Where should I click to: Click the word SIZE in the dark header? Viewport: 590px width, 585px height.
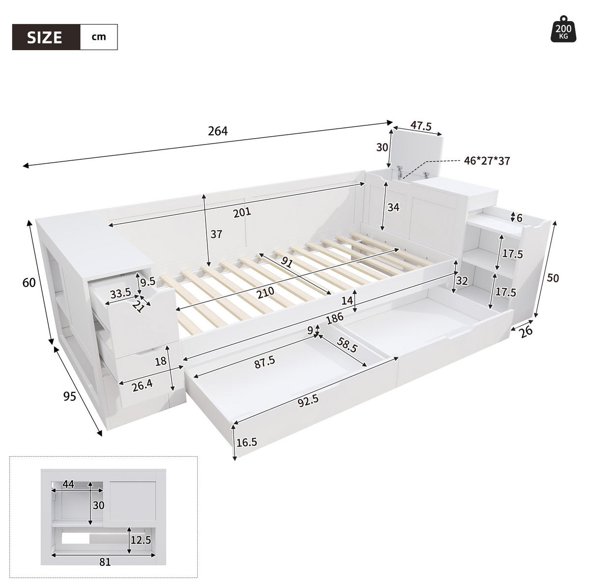(45, 37)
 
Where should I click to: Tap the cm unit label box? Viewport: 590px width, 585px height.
(99, 37)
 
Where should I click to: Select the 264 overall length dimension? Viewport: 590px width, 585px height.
(218, 131)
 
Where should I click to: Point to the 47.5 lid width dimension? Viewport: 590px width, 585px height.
(421, 126)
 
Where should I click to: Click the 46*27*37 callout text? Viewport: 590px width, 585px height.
(487, 161)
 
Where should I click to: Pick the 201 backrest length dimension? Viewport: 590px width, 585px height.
(242, 212)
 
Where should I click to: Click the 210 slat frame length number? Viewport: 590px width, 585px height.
(265, 293)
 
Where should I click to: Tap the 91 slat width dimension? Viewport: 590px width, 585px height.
(286, 262)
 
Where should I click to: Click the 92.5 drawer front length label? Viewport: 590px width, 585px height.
(308, 401)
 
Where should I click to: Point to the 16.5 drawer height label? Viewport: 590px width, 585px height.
(247, 442)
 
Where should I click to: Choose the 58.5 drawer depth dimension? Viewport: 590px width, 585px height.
(347, 345)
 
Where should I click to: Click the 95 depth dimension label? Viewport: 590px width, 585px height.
(70, 396)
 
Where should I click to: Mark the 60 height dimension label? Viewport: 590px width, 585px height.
(29, 283)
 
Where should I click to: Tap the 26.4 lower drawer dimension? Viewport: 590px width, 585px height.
(143, 386)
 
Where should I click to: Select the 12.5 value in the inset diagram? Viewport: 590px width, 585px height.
(141, 540)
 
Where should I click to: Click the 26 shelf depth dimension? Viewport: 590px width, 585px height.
(526, 331)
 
